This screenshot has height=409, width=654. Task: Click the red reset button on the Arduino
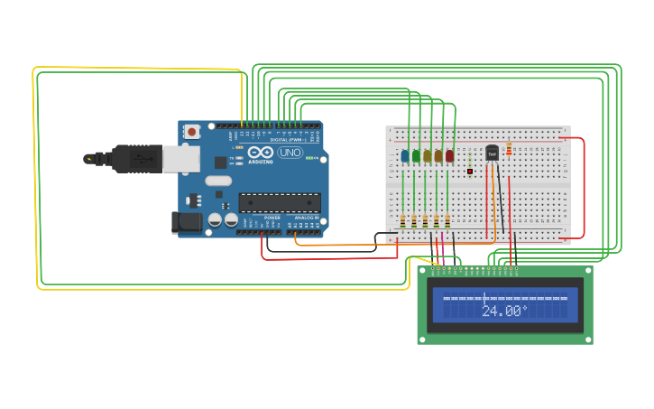[x=191, y=132]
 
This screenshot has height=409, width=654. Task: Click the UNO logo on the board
[x=290, y=153]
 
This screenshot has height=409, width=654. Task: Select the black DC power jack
[x=185, y=221]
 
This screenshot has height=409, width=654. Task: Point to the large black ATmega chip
[x=279, y=203]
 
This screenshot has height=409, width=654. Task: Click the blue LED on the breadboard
[x=405, y=155]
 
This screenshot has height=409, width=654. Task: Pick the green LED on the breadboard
[x=416, y=155]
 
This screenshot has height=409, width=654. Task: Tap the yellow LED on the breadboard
[x=427, y=155]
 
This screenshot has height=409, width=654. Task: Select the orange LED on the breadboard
[x=438, y=155]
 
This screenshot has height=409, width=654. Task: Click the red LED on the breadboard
[x=449, y=155]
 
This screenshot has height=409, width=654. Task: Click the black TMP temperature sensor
[x=492, y=153]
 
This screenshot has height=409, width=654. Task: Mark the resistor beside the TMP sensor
[x=510, y=148]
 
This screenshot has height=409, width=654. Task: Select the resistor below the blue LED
[x=403, y=220]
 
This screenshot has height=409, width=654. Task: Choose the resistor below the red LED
[x=447, y=220]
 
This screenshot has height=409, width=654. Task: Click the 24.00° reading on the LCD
[x=504, y=310]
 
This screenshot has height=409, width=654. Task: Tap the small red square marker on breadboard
[x=470, y=171]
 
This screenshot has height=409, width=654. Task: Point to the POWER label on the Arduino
[x=272, y=218]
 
